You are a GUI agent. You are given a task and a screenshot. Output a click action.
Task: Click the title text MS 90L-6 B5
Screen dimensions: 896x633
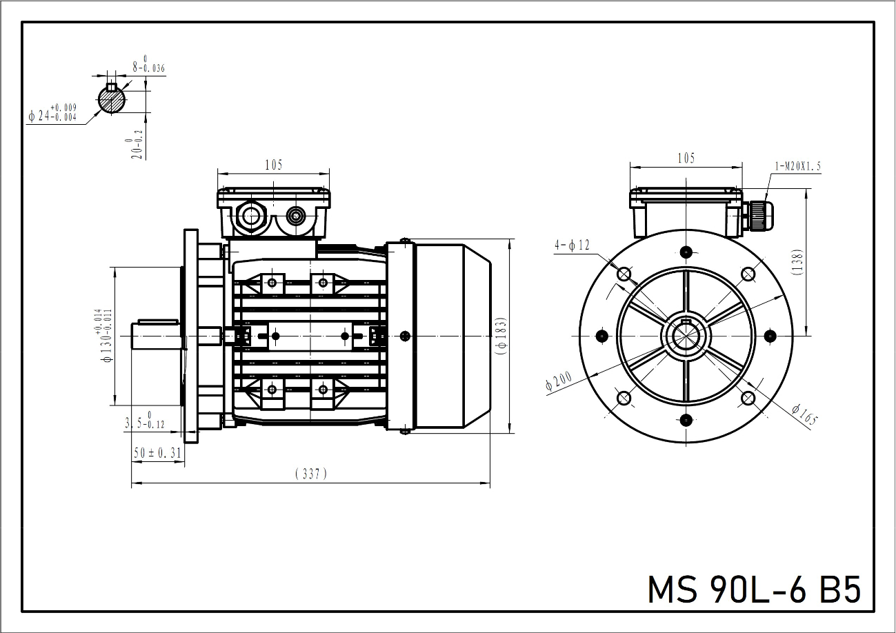pyautogui.click(x=754, y=590)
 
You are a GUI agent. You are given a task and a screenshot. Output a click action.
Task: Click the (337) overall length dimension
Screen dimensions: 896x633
pyautogui.click(x=311, y=474)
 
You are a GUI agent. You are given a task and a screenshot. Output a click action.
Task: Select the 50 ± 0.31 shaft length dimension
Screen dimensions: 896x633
pyautogui.click(x=157, y=452)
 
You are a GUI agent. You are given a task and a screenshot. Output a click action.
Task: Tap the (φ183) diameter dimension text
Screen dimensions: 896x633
pyautogui.click(x=501, y=336)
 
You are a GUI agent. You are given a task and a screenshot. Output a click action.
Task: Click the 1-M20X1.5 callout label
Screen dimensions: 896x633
pyautogui.click(x=798, y=166)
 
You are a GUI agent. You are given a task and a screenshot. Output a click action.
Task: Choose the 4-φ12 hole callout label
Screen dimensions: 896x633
pyautogui.click(x=572, y=245)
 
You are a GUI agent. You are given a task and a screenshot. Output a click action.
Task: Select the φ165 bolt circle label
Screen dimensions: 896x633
pyautogui.click(x=805, y=414)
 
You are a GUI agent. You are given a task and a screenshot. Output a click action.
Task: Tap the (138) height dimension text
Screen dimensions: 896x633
pyautogui.click(x=797, y=262)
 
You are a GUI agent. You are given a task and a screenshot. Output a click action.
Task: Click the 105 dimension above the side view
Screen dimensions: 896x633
pyautogui.click(x=274, y=164)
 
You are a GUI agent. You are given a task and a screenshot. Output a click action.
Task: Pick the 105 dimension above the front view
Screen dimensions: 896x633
pyautogui.click(x=686, y=159)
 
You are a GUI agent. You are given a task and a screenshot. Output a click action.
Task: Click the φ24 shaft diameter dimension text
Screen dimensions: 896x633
pyautogui.click(x=52, y=113)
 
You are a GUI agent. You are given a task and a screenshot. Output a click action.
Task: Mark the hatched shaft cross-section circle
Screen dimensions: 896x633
pyautogui.click(x=112, y=99)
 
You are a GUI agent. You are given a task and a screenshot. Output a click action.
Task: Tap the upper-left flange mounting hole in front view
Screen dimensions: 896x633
pyautogui.click(x=624, y=274)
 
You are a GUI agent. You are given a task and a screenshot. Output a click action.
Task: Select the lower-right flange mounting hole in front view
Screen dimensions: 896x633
pyautogui.click(x=748, y=399)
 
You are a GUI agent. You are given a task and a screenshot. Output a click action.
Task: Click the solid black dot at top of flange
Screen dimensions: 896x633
pyautogui.click(x=686, y=252)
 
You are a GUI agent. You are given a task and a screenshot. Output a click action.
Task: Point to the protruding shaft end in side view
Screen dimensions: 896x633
pyautogui.click(x=156, y=336)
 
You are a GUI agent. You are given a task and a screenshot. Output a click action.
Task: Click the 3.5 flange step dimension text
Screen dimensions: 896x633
pyautogui.click(x=144, y=422)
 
